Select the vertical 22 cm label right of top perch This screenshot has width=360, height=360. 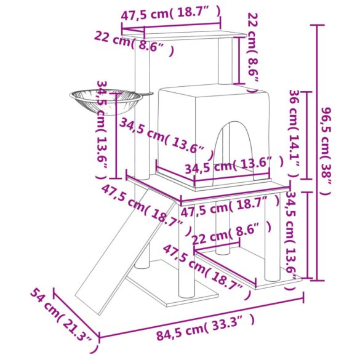point(252,52)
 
